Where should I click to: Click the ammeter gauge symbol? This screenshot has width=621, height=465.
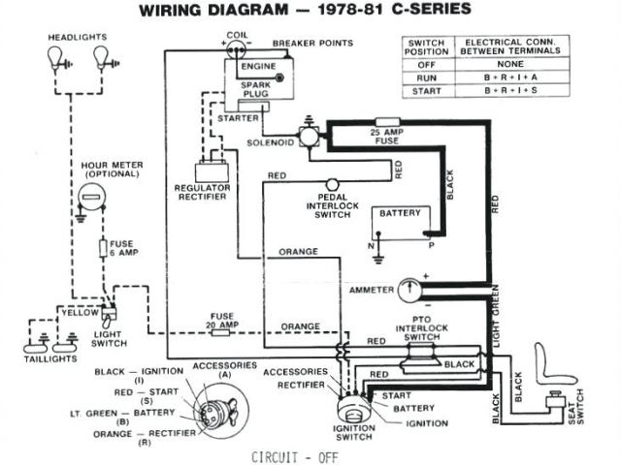(x=412, y=289)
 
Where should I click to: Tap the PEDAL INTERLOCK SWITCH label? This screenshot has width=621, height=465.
(x=332, y=206)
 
